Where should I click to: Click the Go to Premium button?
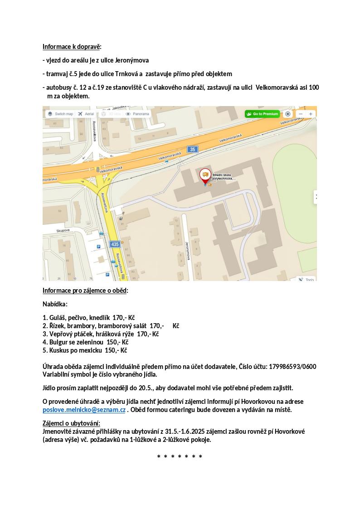263,114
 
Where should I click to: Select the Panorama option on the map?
137,114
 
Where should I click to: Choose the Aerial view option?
86,114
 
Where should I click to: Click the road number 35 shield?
193,150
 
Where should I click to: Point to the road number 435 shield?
115,244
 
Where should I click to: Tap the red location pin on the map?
205,175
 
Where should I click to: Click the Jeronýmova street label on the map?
187,251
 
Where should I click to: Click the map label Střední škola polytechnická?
224,176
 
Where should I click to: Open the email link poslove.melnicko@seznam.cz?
84,410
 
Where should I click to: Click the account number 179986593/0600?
292,367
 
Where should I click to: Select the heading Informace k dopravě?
72,47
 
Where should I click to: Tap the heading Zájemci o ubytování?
71,423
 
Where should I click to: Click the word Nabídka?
55,304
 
